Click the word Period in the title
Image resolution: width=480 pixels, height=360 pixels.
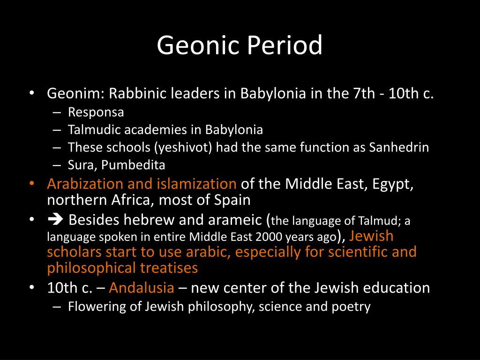(x=284, y=45)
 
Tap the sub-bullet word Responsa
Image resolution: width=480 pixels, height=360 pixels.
(x=96, y=112)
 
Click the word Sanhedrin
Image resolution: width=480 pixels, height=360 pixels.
(x=399, y=147)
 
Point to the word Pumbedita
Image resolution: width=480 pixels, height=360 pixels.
(x=139, y=165)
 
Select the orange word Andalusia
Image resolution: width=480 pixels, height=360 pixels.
(x=142, y=287)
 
